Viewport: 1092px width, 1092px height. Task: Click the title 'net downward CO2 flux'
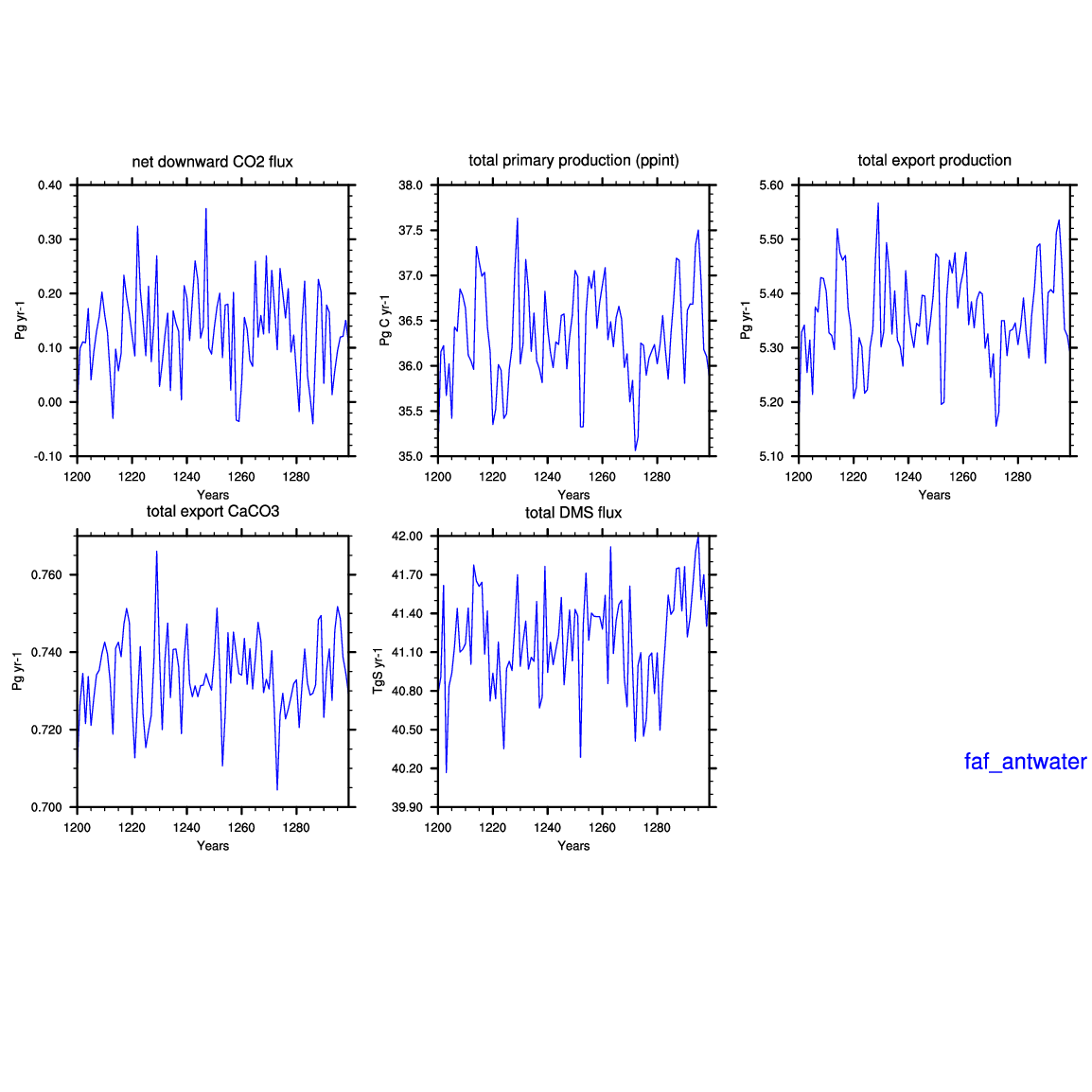tap(212, 162)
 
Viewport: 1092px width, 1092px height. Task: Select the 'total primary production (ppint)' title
tap(573, 161)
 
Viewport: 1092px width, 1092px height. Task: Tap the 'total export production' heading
tap(934, 161)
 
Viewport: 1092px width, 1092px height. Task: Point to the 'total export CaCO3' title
tap(212, 512)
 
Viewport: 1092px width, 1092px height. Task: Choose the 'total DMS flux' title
tap(573, 513)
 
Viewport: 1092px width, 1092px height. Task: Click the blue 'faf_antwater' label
tap(1025, 762)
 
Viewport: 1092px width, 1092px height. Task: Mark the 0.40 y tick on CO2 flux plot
tap(49, 185)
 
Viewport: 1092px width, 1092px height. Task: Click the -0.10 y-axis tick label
tap(47, 457)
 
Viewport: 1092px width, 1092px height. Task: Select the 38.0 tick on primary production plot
tap(410, 185)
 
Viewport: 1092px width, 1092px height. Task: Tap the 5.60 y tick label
tap(771, 185)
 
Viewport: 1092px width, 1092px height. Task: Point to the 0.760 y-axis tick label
tap(46, 575)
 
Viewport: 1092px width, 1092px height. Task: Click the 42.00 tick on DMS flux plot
tap(407, 537)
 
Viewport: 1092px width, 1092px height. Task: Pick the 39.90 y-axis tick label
tap(407, 808)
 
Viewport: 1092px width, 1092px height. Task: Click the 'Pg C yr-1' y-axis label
tap(385, 321)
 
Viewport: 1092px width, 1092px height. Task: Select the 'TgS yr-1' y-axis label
tap(379, 671)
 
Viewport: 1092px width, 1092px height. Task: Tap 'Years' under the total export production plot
tap(934, 495)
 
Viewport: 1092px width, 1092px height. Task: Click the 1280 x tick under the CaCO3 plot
tap(296, 828)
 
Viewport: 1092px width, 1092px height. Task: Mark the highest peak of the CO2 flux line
tap(206, 208)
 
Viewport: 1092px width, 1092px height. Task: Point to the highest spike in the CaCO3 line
tap(157, 552)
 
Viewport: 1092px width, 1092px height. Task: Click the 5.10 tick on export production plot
tap(771, 457)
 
